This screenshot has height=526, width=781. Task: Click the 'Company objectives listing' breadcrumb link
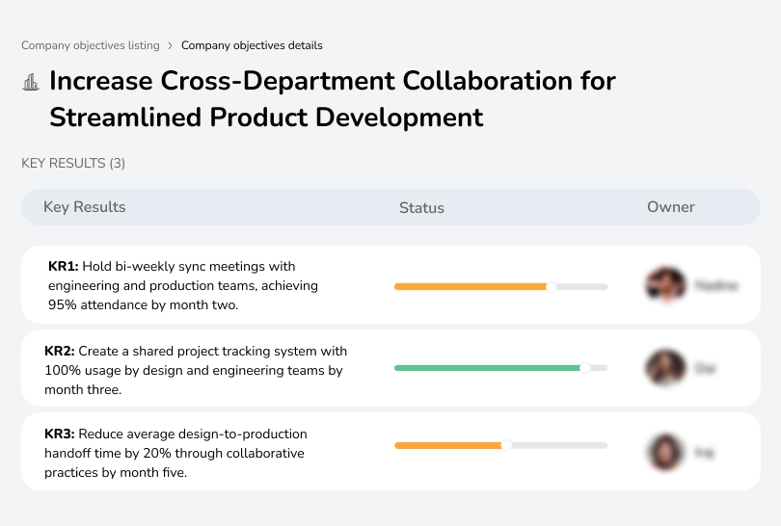tap(91, 45)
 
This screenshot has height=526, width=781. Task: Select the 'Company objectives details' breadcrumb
tap(252, 45)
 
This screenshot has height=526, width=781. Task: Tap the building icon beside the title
tap(31, 82)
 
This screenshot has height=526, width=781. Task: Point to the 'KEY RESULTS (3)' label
tap(73, 164)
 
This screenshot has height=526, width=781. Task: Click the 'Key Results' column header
tap(84, 207)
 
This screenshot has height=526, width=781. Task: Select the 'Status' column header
tap(421, 208)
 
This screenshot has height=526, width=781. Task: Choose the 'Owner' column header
tap(671, 207)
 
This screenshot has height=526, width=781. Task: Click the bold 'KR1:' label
tap(64, 266)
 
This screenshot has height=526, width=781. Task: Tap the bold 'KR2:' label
tap(60, 352)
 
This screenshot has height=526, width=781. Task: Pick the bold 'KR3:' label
tap(60, 434)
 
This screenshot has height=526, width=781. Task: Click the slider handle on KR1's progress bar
tap(552, 286)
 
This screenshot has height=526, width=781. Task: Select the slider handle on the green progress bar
tap(584, 368)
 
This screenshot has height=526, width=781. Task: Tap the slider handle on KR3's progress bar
tap(506, 445)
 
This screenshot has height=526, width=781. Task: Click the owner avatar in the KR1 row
tap(664, 285)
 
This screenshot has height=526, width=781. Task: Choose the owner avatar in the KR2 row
tap(664, 368)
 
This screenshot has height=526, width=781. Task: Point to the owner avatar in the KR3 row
tap(664, 452)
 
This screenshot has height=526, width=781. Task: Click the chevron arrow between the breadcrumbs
tap(171, 45)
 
